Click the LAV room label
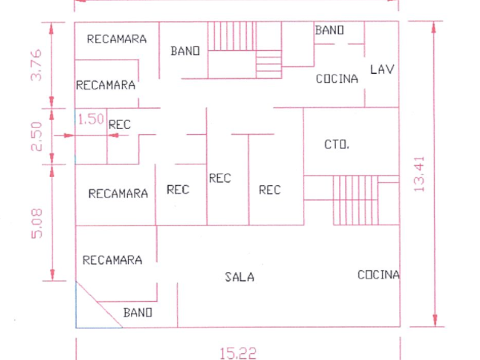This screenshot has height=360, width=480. pyautogui.click(x=382, y=70)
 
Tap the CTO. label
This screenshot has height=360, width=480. pyautogui.click(x=337, y=145)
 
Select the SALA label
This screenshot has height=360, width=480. pyautogui.click(x=239, y=277)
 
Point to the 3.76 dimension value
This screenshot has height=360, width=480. pyautogui.click(x=36, y=65)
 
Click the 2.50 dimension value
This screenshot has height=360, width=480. pyautogui.click(x=36, y=137)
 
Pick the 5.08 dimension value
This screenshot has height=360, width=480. pyautogui.click(x=37, y=223)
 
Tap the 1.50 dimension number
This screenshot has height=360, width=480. pyautogui.click(x=91, y=119)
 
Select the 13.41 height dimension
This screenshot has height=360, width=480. pyautogui.click(x=419, y=174)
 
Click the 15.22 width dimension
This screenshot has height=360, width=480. pyautogui.click(x=238, y=353)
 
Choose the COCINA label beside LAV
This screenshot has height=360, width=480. pyautogui.click(x=337, y=79)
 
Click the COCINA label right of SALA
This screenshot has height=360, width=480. pyautogui.click(x=379, y=275)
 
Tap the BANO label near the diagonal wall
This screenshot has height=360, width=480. pyautogui.click(x=138, y=313)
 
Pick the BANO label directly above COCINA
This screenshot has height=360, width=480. pyautogui.click(x=329, y=30)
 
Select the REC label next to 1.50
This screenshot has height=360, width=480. pyautogui.click(x=119, y=125)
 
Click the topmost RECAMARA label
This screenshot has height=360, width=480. pyautogui.click(x=117, y=39)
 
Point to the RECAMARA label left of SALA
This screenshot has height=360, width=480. pyautogui.click(x=113, y=260)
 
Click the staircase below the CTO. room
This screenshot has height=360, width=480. pyautogui.click(x=355, y=200)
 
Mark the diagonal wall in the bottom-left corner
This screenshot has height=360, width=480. pyautogui.click(x=99, y=305)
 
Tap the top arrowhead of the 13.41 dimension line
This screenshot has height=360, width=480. pyautogui.click(x=434, y=27)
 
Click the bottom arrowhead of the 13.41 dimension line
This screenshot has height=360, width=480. pyautogui.click(x=435, y=321)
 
